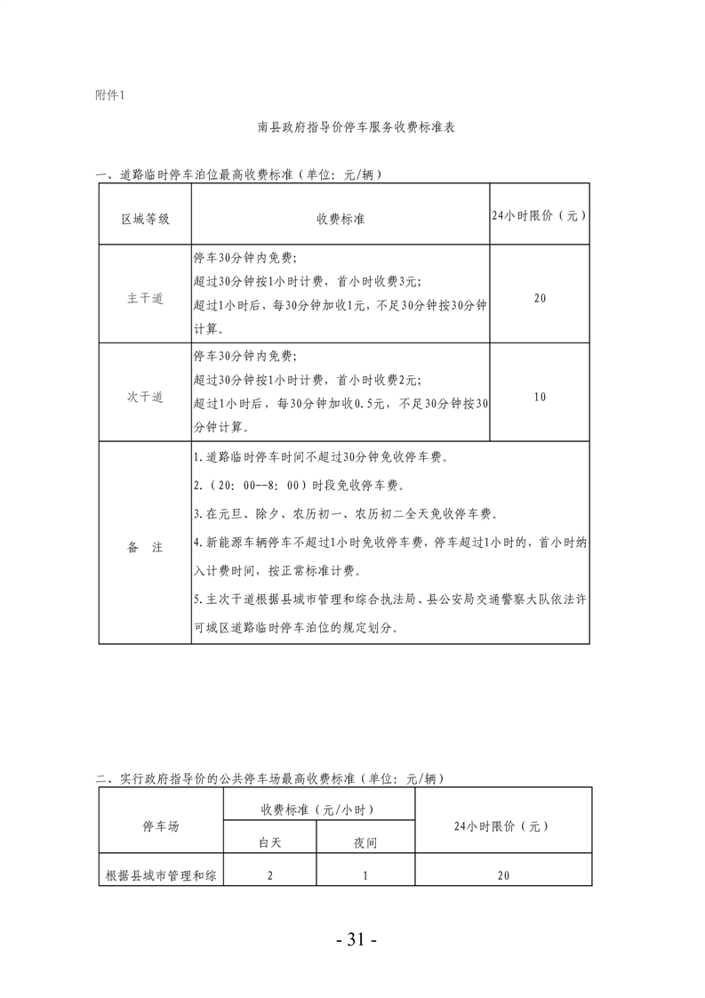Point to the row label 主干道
[145, 299]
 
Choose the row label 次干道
[145, 398]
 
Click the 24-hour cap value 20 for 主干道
[540, 299]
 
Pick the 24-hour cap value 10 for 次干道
[540, 397]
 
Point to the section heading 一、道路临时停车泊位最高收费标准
[240, 175]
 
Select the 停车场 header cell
[161, 826]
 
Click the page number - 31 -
[352, 940]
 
